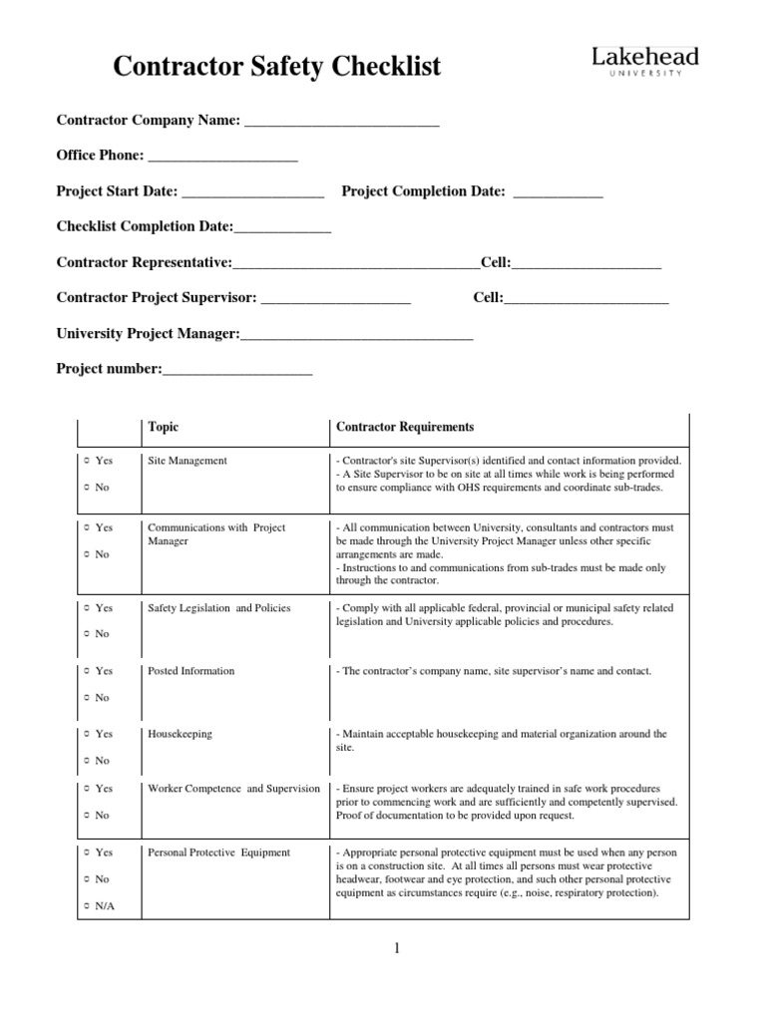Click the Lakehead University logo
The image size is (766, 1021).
coord(645,62)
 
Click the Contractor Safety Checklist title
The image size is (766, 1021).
coord(276,67)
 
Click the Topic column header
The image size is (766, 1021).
coord(164,427)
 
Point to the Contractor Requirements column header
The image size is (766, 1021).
coord(405,427)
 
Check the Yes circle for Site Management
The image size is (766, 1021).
coord(87,461)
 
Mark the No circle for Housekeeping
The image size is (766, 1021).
coord(87,761)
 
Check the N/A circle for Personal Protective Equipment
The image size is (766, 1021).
coord(87,905)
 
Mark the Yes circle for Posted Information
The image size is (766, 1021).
coord(87,671)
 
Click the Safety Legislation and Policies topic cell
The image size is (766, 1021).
coord(213,607)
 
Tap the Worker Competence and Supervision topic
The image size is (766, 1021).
coord(233,789)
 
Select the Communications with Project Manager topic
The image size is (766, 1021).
coord(216,534)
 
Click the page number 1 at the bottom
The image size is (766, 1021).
coord(397,948)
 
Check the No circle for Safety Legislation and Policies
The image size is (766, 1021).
coord(87,634)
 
